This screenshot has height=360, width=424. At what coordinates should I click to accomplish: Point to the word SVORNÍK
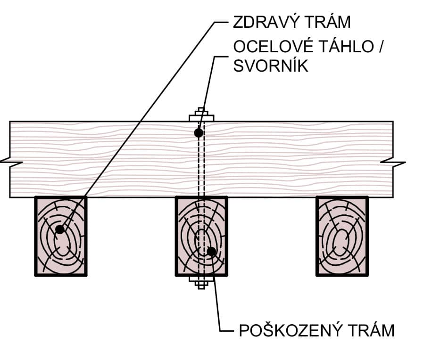pos(271,65)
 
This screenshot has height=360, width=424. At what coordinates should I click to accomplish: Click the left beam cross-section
pos(61,236)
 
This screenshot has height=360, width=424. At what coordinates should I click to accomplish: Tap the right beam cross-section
pos(342,236)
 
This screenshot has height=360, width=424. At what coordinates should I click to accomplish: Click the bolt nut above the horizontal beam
pos(201,116)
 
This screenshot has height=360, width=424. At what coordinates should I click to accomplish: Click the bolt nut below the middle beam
pos(201,281)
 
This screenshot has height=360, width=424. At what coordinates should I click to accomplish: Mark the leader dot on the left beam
pos(59,229)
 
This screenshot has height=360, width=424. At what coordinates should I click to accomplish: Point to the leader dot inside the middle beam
pos(212,251)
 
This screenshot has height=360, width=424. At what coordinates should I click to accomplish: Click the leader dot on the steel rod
pos(199,133)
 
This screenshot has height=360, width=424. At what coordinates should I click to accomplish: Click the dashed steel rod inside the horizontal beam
pos(201,165)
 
